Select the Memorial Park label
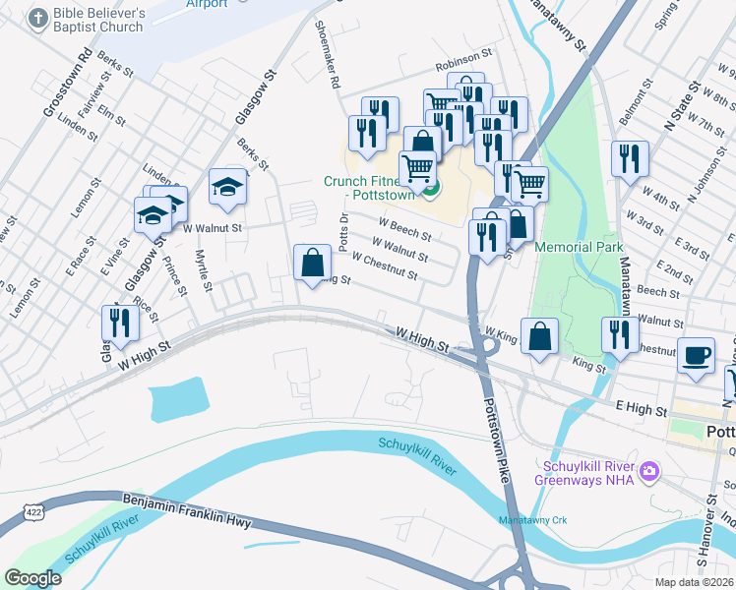579,247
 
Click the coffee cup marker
697,356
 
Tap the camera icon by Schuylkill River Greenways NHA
648,472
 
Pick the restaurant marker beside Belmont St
630,159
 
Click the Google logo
32,577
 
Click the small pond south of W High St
177,399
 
